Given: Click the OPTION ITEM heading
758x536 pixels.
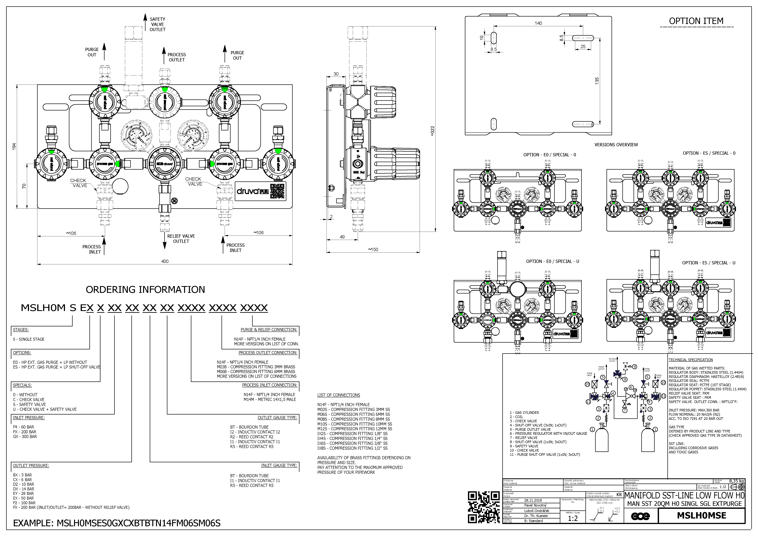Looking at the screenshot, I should click(696, 21).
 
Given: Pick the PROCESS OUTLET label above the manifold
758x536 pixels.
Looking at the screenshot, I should click(177, 57).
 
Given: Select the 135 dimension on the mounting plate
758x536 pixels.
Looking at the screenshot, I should click(597, 81).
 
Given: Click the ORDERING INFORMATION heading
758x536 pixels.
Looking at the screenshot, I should click(145, 289).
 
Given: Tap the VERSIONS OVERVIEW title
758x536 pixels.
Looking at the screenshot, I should click(616, 144).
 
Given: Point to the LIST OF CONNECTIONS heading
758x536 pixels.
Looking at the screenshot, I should click(338, 395).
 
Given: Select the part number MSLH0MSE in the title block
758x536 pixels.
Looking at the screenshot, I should click(702, 516).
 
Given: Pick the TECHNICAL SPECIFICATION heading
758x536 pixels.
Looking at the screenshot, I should click(691, 360).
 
